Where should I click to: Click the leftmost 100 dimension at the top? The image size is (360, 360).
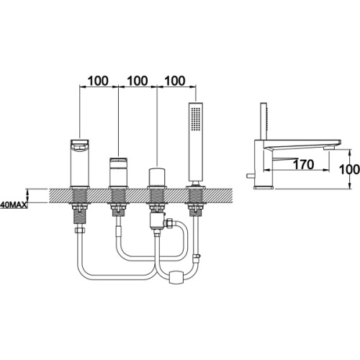98,81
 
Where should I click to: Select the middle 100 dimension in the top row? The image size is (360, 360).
138,81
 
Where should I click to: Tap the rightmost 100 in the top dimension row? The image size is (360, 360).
175,81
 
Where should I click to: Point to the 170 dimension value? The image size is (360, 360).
303,164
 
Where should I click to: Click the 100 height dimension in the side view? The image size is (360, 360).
349,169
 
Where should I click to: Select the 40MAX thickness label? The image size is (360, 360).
14,205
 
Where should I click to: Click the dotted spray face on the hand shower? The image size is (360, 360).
196,119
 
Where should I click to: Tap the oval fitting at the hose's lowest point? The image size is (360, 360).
178,277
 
